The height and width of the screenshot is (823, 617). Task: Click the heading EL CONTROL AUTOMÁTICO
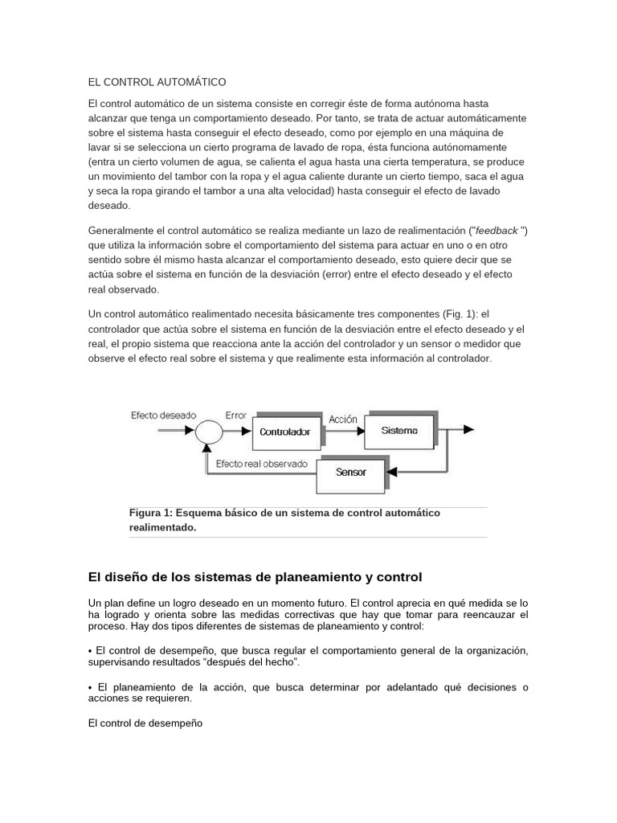click(157, 82)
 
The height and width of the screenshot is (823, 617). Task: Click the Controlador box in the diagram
click(284, 432)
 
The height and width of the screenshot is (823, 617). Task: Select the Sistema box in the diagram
click(399, 430)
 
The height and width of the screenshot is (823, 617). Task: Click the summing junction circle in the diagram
click(208, 432)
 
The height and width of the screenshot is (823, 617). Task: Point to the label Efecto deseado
click(163, 416)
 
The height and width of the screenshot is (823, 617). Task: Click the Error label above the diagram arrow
click(236, 416)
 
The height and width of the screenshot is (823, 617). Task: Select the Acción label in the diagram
click(343, 419)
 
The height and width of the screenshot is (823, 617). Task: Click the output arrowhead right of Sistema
click(468, 431)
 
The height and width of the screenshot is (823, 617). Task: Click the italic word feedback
click(498, 231)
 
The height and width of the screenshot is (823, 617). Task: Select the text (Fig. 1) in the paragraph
click(463, 313)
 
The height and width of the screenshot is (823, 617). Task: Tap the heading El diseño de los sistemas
click(254, 577)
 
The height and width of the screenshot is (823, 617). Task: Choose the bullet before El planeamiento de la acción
click(90, 688)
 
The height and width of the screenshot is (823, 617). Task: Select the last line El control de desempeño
click(145, 723)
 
